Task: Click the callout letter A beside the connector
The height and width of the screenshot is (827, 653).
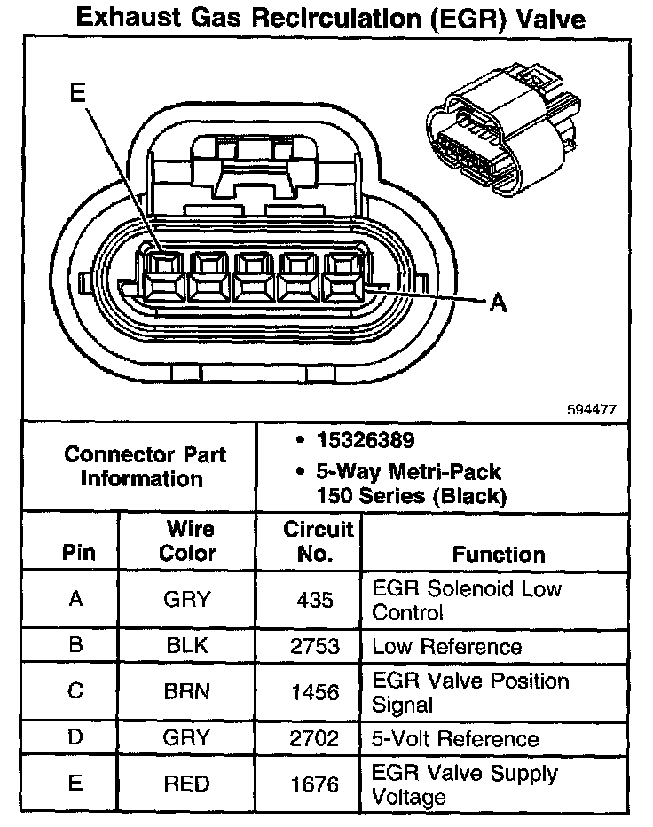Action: pyautogui.click(x=499, y=303)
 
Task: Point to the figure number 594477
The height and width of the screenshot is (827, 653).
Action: pyautogui.click(x=592, y=410)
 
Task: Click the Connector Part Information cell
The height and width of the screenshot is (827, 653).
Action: pyautogui.click(x=145, y=467)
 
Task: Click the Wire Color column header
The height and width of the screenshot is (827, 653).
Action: pyautogui.click(x=187, y=541)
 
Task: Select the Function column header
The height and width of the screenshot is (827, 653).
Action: pyautogui.click(x=499, y=555)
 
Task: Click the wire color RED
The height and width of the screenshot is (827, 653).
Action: pyautogui.click(x=187, y=784)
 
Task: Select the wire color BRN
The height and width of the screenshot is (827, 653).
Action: pyautogui.click(x=187, y=692)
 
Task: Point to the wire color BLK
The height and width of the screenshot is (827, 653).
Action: pyautogui.click(x=187, y=646)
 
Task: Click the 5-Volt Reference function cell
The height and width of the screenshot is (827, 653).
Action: pyautogui.click(x=455, y=738)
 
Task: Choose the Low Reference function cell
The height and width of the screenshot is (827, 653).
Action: pyautogui.click(x=446, y=647)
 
